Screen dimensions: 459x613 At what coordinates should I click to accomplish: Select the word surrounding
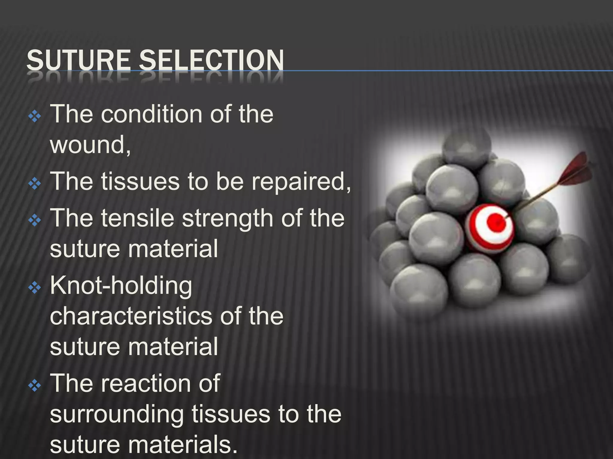116,415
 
